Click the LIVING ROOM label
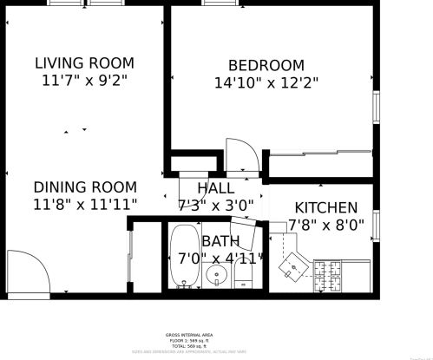coord(84,62)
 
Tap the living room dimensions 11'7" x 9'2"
coord(84,81)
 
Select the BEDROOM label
coord(266,65)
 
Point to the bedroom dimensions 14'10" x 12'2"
coord(266,83)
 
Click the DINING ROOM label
coord(84,187)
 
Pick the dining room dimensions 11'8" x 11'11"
coord(84,206)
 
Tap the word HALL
coord(215,188)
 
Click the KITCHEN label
coord(325,207)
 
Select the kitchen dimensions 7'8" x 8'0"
coord(325,226)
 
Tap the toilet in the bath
coord(243,277)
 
